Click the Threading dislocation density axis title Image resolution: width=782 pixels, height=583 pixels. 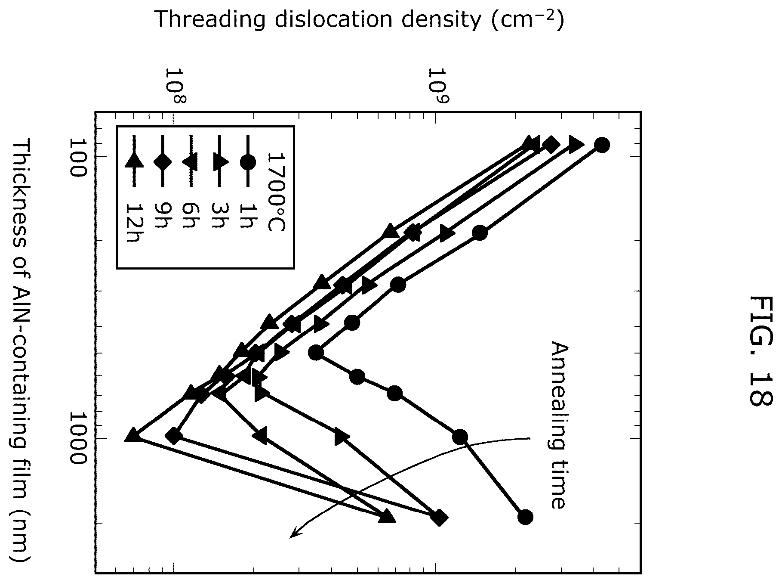tap(359, 19)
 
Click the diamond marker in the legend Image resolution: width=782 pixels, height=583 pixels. tap(162, 161)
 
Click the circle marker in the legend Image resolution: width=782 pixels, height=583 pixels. tap(248, 162)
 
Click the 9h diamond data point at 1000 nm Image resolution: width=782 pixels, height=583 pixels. tap(174, 436)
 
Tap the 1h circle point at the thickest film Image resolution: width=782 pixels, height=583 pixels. tap(525, 516)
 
